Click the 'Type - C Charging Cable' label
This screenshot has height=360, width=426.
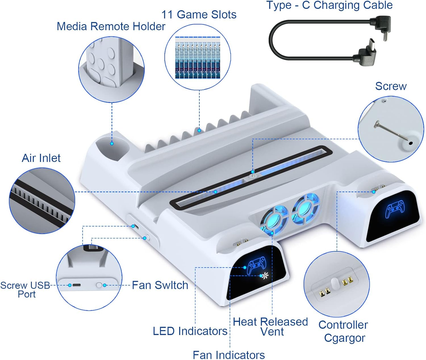329,5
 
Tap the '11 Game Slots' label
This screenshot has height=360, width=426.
199,15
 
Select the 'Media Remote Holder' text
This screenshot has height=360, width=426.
111,26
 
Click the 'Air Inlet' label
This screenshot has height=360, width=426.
41,158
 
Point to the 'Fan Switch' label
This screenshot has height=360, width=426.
160,285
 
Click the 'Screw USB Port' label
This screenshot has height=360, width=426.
25,290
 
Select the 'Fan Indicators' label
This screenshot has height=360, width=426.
229,355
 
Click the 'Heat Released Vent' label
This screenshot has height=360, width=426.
271,327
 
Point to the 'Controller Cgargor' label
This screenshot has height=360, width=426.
343,332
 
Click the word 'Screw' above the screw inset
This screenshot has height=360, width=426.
391,86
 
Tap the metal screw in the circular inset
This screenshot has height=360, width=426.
391,130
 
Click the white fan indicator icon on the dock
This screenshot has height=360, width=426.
265,276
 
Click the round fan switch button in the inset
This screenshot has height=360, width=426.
99,285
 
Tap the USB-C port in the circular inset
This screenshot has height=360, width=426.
77,285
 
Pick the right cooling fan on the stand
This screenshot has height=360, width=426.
306,208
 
